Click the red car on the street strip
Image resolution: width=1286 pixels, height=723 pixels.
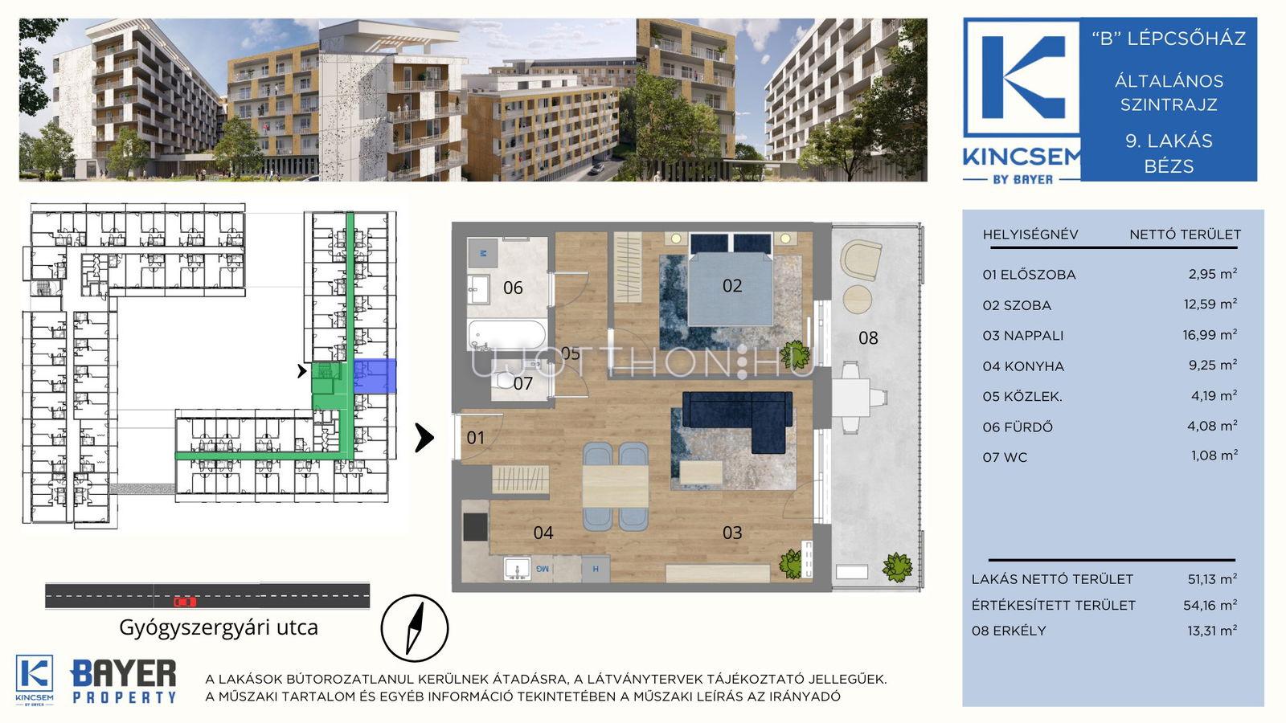[x=185, y=602]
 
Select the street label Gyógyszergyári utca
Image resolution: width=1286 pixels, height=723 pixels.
[x=218, y=627]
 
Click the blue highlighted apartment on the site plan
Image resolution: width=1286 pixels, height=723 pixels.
[x=375, y=376]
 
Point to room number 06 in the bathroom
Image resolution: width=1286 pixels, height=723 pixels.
[x=513, y=288]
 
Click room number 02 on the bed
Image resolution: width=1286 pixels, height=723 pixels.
[x=732, y=286]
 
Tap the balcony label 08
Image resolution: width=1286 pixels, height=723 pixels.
[x=868, y=338]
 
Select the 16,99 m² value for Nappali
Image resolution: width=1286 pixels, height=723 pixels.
[x=1210, y=334]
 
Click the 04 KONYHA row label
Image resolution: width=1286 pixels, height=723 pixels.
[x=1023, y=366]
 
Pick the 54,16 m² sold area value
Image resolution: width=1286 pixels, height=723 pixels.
[x=1210, y=605]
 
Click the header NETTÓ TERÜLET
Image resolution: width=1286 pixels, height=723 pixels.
[x=1185, y=235]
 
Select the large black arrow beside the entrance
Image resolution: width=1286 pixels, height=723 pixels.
[x=424, y=439]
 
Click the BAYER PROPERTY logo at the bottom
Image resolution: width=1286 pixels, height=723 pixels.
[x=124, y=681]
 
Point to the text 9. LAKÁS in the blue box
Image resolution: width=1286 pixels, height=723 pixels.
[x=1169, y=141]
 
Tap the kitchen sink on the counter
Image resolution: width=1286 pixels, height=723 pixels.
[x=518, y=569]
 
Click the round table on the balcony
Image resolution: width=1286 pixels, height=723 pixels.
[x=857, y=299]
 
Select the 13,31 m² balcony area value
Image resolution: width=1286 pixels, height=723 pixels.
[x=1212, y=631]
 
